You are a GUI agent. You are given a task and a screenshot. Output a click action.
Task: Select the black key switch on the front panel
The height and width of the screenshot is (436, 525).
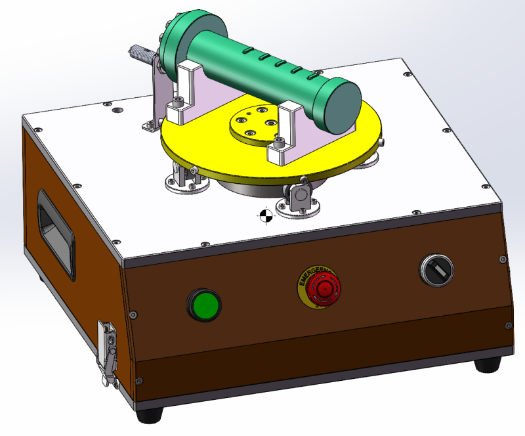click(436, 269)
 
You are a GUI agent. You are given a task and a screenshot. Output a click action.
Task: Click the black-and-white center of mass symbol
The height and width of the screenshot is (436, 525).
click(264, 215)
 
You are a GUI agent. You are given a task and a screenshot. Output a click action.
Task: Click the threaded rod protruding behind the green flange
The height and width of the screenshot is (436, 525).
click(142, 53)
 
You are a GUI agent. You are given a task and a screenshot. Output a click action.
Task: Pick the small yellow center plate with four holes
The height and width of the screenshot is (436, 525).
click(255, 123)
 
